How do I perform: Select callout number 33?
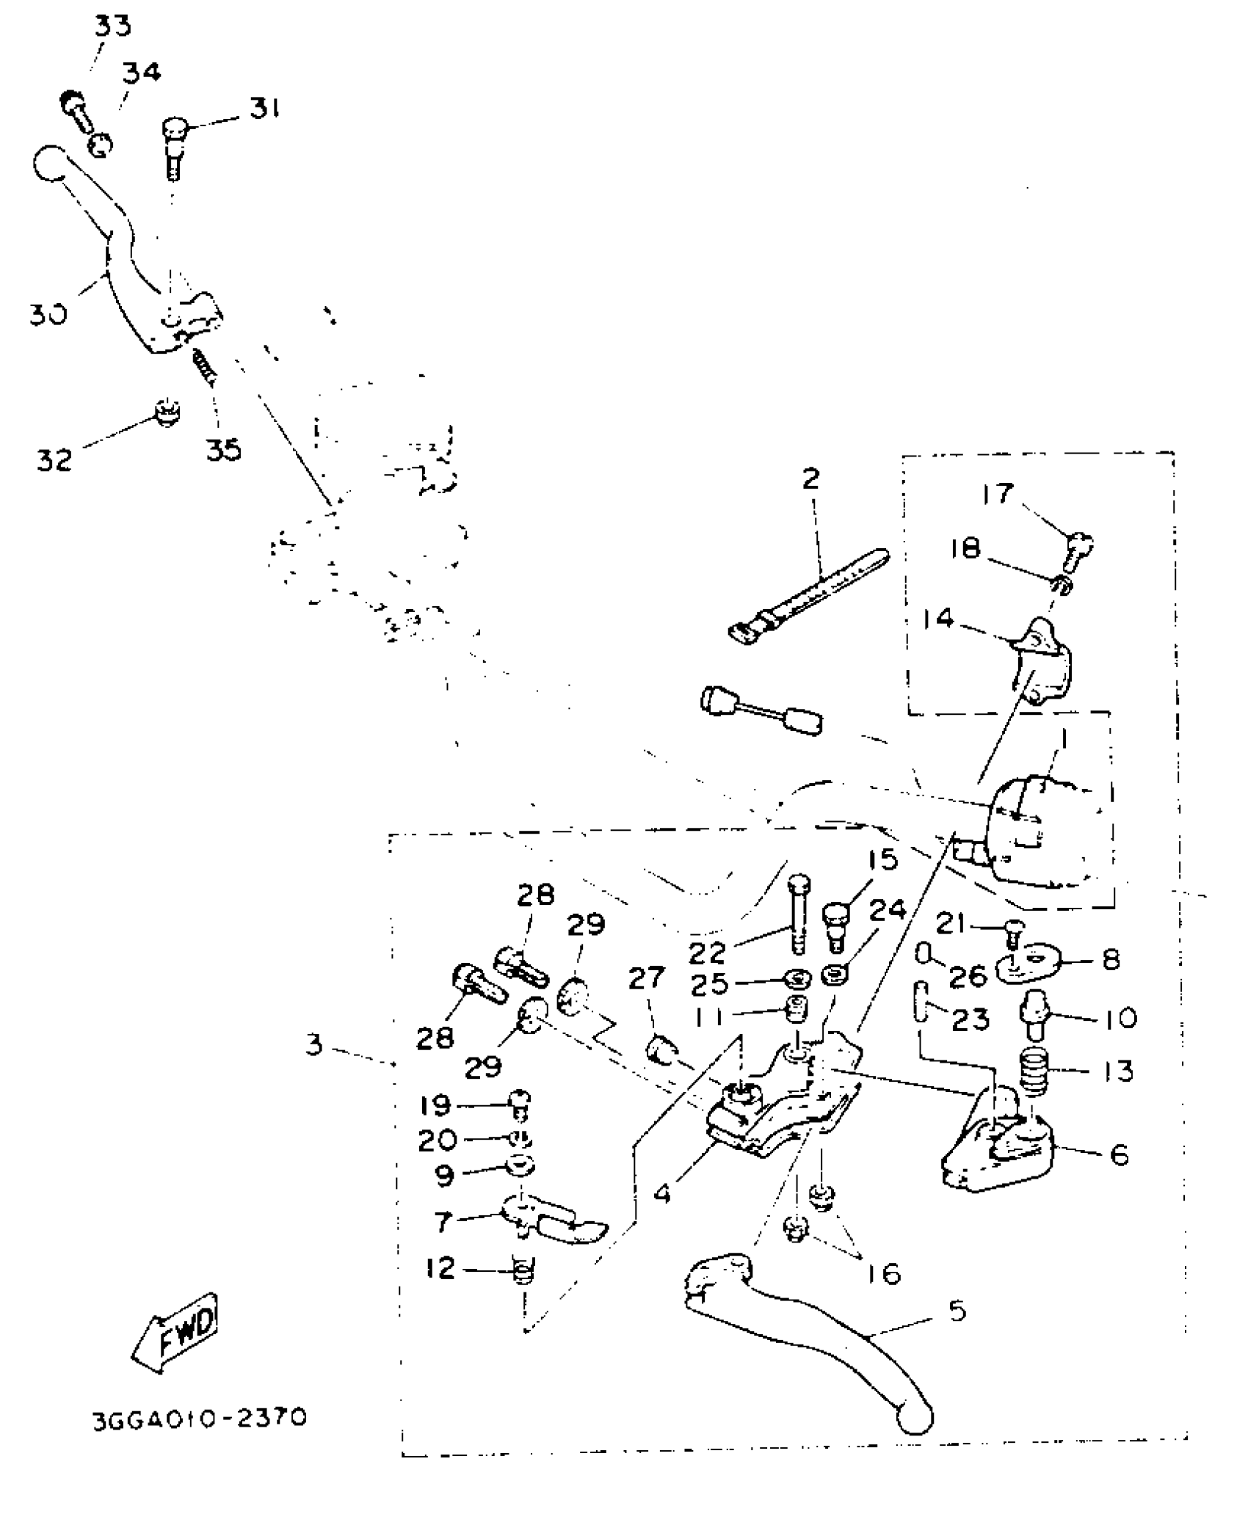(x=112, y=26)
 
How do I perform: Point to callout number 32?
(x=54, y=460)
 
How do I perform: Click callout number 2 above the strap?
(x=810, y=479)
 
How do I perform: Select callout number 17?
(x=998, y=493)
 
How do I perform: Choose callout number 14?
(x=937, y=619)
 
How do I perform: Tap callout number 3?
(x=314, y=1044)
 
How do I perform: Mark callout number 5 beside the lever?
(x=957, y=1311)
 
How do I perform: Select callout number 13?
(x=1119, y=1071)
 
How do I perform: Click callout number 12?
(x=440, y=1268)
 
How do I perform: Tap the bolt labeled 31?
(x=174, y=149)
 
